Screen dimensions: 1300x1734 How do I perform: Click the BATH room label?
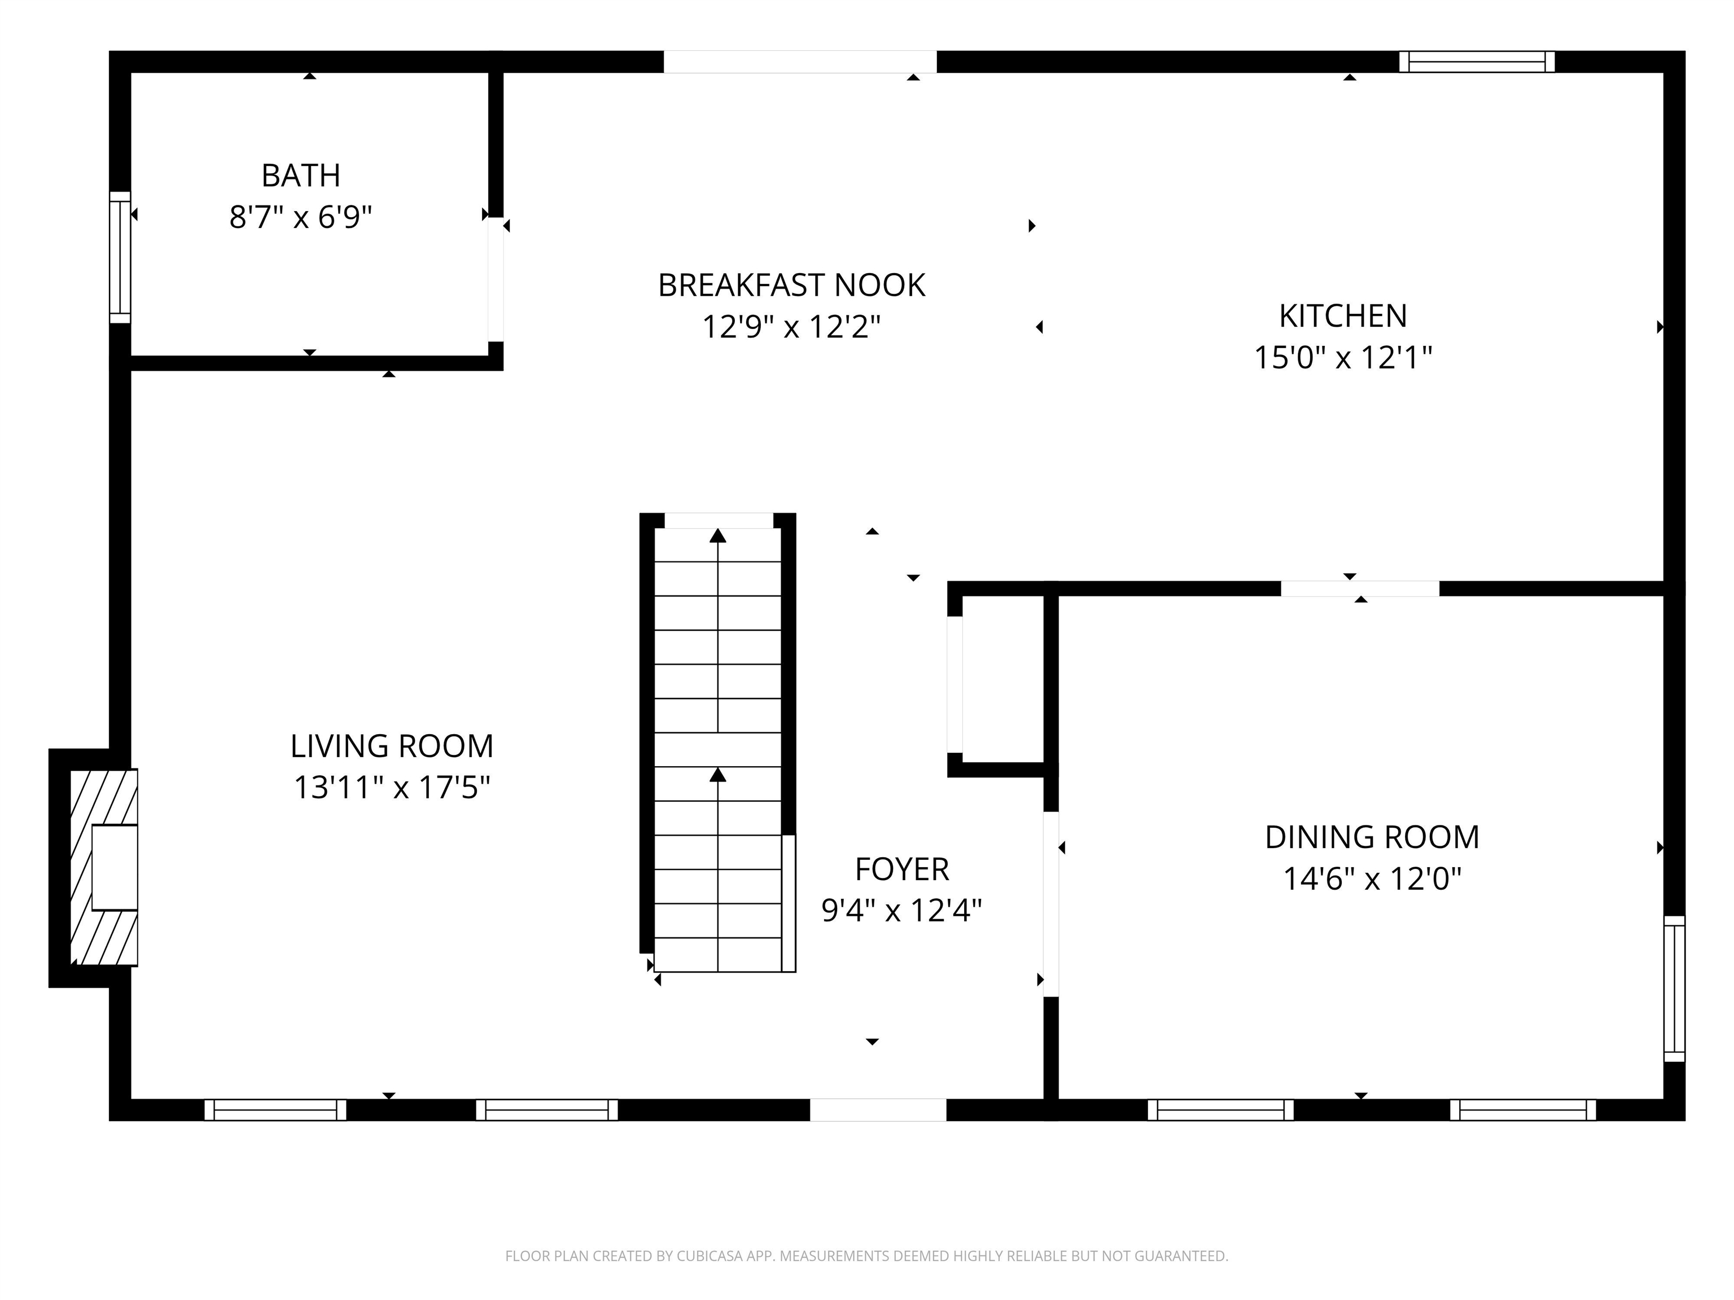pos(300,175)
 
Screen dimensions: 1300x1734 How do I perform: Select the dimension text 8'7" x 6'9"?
pos(300,217)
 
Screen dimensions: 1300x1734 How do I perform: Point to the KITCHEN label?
pos(1343,317)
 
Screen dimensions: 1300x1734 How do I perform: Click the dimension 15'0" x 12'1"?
pos(1343,358)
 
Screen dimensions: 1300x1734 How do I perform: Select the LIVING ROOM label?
pos(391,746)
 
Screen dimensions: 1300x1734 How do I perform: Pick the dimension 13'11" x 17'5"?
pos(391,788)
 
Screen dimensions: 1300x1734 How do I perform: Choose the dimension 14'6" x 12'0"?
pos(1371,879)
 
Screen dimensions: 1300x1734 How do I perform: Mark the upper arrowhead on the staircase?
pos(717,536)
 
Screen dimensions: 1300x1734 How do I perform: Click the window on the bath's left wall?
pos(120,257)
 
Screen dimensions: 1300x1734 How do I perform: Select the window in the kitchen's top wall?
pos(1476,62)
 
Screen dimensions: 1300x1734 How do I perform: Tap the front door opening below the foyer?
pos(877,1110)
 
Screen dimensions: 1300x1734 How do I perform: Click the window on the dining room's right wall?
pos(1674,989)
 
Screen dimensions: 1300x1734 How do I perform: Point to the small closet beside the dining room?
pos(1002,679)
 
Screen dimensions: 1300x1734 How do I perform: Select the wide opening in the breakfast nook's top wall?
pos(800,62)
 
